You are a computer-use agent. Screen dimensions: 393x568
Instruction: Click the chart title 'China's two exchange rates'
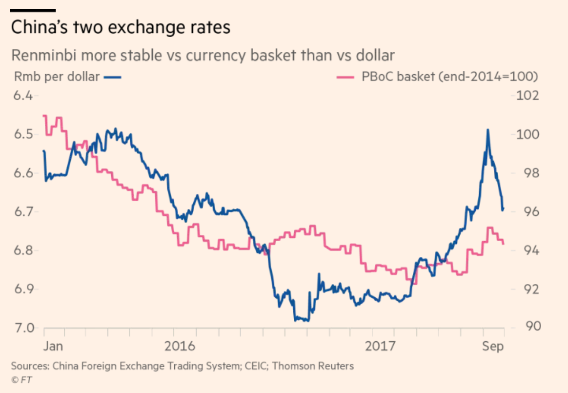tap(120, 27)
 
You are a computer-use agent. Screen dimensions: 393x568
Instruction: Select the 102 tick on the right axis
tap(527, 95)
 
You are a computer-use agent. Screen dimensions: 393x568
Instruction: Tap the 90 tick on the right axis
tap(525, 328)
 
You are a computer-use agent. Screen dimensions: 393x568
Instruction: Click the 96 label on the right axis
tap(525, 211)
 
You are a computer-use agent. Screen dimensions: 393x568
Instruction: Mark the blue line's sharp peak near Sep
tap(487, 130)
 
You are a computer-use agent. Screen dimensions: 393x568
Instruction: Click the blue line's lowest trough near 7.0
tap(302, 320)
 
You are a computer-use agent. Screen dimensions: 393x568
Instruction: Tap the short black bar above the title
tap(33, 10)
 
